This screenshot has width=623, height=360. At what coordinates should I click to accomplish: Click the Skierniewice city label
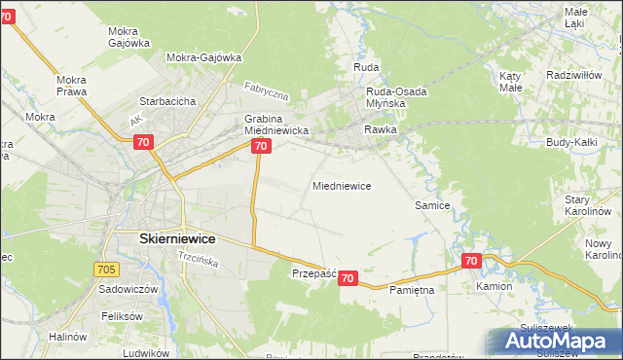(164, 238)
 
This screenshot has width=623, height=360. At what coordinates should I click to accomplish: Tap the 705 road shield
(108, 268)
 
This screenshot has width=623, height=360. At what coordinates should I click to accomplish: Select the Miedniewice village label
(342, 185)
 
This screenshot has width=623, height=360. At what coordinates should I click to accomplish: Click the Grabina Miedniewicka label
(275, 125)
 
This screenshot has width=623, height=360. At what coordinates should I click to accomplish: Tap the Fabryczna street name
(268, 92)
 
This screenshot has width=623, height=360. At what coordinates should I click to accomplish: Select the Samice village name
(432, 205)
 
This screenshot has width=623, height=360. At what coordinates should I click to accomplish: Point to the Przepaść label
(313, 274)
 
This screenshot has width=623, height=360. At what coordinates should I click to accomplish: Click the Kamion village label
(494, 288)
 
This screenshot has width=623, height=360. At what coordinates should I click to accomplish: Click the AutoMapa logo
(556, 342)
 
